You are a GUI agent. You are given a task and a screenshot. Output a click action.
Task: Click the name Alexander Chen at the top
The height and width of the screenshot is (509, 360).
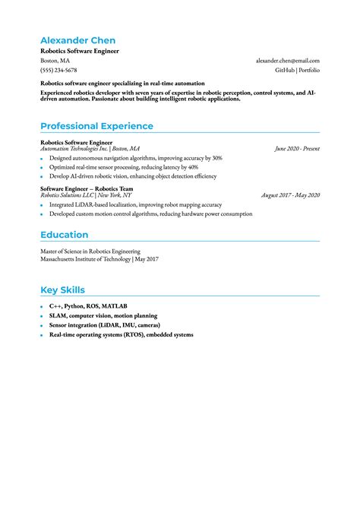(x=78, y=40)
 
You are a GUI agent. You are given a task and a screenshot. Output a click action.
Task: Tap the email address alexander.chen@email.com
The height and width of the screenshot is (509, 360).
(x=287, y=61)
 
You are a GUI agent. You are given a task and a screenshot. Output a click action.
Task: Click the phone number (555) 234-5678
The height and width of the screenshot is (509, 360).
(x=58, y=70)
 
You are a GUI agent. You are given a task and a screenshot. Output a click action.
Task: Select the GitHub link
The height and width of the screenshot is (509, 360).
(x=285, y=70)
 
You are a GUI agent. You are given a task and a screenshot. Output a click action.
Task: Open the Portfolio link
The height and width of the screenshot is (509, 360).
(x=309, y=70)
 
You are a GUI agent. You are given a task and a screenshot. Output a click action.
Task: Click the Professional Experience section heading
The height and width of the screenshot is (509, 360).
(x=96, y=126)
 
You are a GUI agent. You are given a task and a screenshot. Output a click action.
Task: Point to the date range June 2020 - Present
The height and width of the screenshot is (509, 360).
(x=297, y=149)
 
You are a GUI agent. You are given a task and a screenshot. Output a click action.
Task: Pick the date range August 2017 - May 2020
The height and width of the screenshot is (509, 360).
(x=290, y=195)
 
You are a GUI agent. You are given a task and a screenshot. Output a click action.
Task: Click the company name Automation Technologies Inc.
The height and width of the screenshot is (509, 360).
(x=74, y=149)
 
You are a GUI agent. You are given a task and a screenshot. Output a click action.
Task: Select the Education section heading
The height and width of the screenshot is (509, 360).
(x=64, y=235)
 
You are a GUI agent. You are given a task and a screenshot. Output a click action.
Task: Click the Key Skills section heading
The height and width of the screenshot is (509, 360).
(x=62, y=290)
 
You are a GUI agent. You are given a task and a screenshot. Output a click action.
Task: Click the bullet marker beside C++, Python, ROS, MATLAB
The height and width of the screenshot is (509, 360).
(x=43, y=306)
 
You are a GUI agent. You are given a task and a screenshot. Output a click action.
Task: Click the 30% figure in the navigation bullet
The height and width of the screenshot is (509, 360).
(x=216, y=158)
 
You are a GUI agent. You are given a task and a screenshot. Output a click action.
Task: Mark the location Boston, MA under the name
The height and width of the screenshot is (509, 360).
(x=55, y=61)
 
